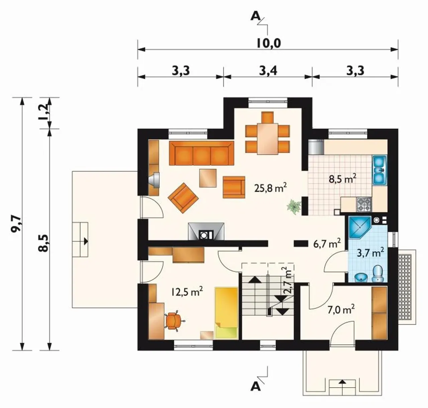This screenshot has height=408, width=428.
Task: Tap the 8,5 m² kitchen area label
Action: [342, 180]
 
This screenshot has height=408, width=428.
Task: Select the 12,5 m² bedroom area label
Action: [187, 292]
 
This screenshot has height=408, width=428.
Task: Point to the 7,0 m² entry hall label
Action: [341, 310]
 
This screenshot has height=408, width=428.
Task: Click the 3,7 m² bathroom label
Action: [370, 253]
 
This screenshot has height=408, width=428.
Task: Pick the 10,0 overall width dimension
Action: [269, 43]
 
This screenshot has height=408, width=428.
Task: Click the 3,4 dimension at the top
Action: [268, 71]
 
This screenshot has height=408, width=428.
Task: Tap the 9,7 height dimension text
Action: [16, 225]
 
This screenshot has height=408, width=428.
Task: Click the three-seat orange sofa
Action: [201, 153]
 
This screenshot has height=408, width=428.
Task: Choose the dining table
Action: [267, 139]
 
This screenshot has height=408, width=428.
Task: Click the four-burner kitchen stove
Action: [364, 204]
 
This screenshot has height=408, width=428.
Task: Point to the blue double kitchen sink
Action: [380, 170]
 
